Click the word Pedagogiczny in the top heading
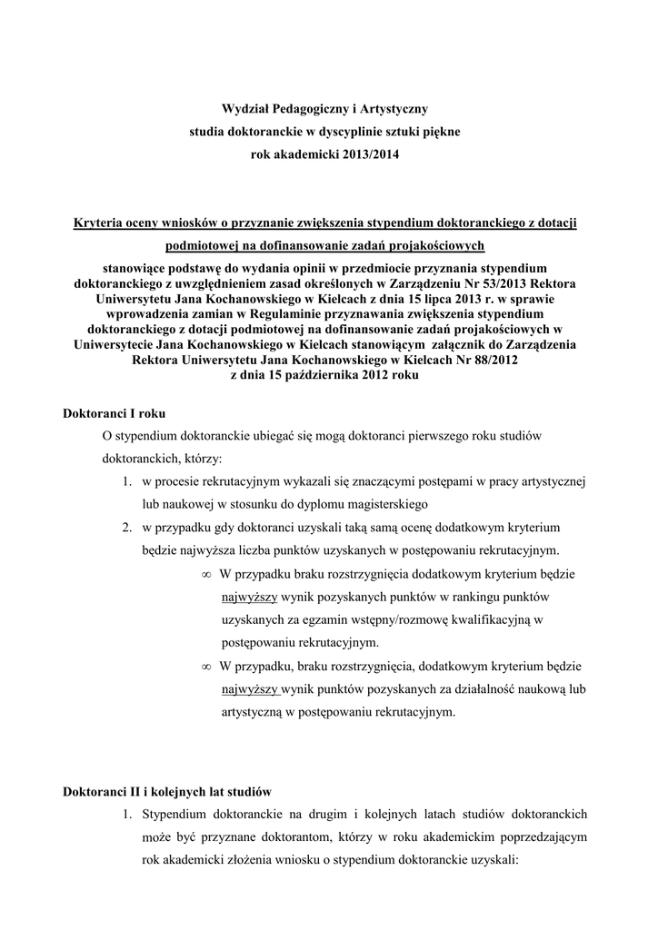305,109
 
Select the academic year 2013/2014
368,154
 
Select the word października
316,374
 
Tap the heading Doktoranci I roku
114,413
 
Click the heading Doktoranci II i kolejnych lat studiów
167,791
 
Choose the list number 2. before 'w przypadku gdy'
129,527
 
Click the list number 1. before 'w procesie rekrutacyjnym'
129,480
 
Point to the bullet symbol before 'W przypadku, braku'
206,668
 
